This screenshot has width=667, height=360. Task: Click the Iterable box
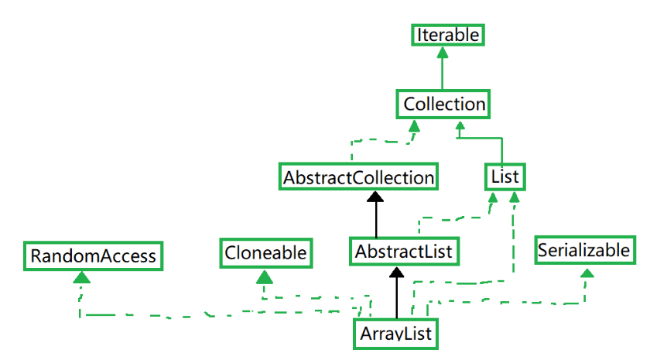click(448, 35)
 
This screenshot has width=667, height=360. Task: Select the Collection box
click(444, 104)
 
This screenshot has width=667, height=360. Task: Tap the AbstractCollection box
click(358, 177)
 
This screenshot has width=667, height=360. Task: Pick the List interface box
click(504, 177)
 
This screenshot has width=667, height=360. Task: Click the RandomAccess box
click(93, 255)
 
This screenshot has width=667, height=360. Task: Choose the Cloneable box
click(265, 252)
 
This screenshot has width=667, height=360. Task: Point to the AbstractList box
click(402, 252)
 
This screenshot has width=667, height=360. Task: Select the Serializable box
click(584, 250)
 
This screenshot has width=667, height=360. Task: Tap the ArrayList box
click(395, 334)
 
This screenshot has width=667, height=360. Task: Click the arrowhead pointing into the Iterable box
click(442, 53)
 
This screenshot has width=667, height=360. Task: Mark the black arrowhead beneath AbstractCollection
click(376, 197)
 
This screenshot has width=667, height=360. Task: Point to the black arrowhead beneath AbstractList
click(396, 271)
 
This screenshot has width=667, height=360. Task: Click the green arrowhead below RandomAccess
click(82, 276)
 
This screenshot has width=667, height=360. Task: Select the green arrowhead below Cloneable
click(265, 276)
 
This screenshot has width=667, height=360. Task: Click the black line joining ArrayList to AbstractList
click(396, 298)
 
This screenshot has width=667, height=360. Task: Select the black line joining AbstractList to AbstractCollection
click(376, 221)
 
